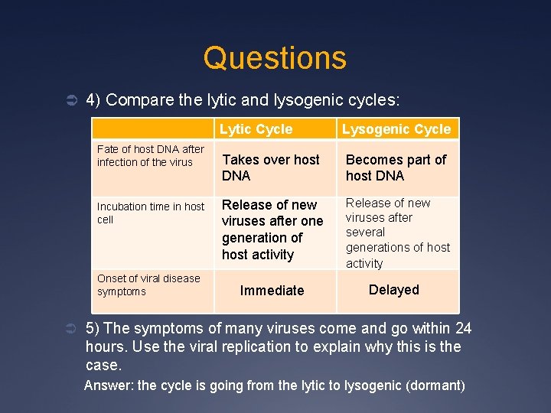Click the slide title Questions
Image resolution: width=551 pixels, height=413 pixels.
pyautogui.click(x=275, y=58)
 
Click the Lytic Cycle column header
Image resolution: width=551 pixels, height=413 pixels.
pyautogui.click(x=256, y=129)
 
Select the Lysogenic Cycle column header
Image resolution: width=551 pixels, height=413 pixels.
pyautogui.click(x=396, y=129)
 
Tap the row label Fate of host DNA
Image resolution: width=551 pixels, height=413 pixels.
pyautogui.click(x=151, y=155)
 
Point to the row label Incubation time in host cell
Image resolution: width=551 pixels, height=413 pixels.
pyautogui.click(x=151, y=213)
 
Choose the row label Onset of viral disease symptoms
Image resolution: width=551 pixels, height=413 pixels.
pyautogui.click(x=148, y=285)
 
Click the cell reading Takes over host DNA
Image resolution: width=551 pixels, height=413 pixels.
pyautogui.click(x=271, y=167)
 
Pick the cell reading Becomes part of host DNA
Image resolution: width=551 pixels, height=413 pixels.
pyautogui.click(x=396, y=167)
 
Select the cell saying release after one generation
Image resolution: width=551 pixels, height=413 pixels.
pyautogui.click(x=272, y=229)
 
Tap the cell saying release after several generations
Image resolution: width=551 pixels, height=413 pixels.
pyautogui.click(x=397, y=233)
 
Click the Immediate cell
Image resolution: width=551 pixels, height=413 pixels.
pyautogui.click(x=272, y=291)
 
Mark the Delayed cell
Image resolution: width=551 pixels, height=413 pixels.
pyautogui.click(x=394, y=290)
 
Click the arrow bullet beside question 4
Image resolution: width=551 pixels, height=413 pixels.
pyautogui.click(x=67, y=100)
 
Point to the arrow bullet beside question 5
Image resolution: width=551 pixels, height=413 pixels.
pyautogui.click(x=67, y=329)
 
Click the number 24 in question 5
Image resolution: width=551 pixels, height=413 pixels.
pyautogui.click(x=463, y=329)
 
